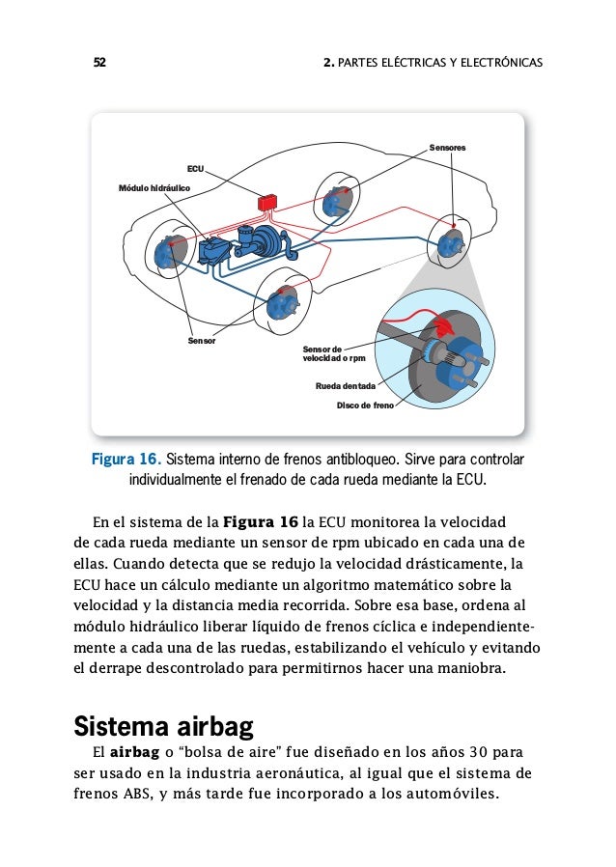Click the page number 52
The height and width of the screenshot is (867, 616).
tap(98, 64)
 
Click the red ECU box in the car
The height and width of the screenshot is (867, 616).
tap(267, 203)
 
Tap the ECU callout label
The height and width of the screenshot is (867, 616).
tap(195, 168)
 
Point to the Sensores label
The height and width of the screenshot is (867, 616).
tap(447, 148)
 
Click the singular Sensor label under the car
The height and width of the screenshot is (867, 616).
tap(201, 341)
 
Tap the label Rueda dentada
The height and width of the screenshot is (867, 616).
tap(345, 386)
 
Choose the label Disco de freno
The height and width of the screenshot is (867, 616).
tap(365, 406)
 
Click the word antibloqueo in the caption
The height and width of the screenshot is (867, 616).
tap(363, 458)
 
